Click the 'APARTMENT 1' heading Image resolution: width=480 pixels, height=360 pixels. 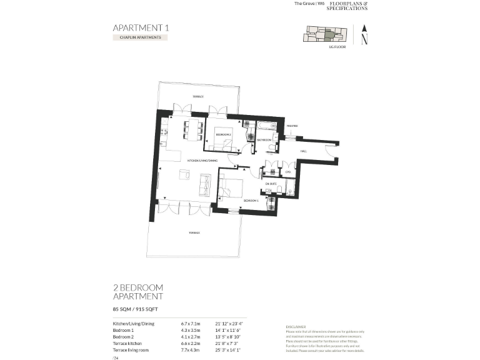pyautogui.click(x=141, y=27)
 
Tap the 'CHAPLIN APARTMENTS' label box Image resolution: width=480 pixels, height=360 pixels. pyautogui.click(x=140, y=37)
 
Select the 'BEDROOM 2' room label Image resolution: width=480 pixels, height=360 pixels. pyautogui.click(x=223, y=134)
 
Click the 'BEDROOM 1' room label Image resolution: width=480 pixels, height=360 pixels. pyautogui.click(x=251, y=201)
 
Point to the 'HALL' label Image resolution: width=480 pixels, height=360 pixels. pyautogui.click(x=304, y=151)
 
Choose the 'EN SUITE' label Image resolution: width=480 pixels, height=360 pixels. pyautogui.click(x=271, y=184)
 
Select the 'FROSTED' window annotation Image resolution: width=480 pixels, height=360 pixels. pyautogui.click(x=292, y=126)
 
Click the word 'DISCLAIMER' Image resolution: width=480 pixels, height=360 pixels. pyautogui.click(x=295, y=326)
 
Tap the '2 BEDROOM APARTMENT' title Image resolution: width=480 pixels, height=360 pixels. pyautogui.click(x=138, y=292)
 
